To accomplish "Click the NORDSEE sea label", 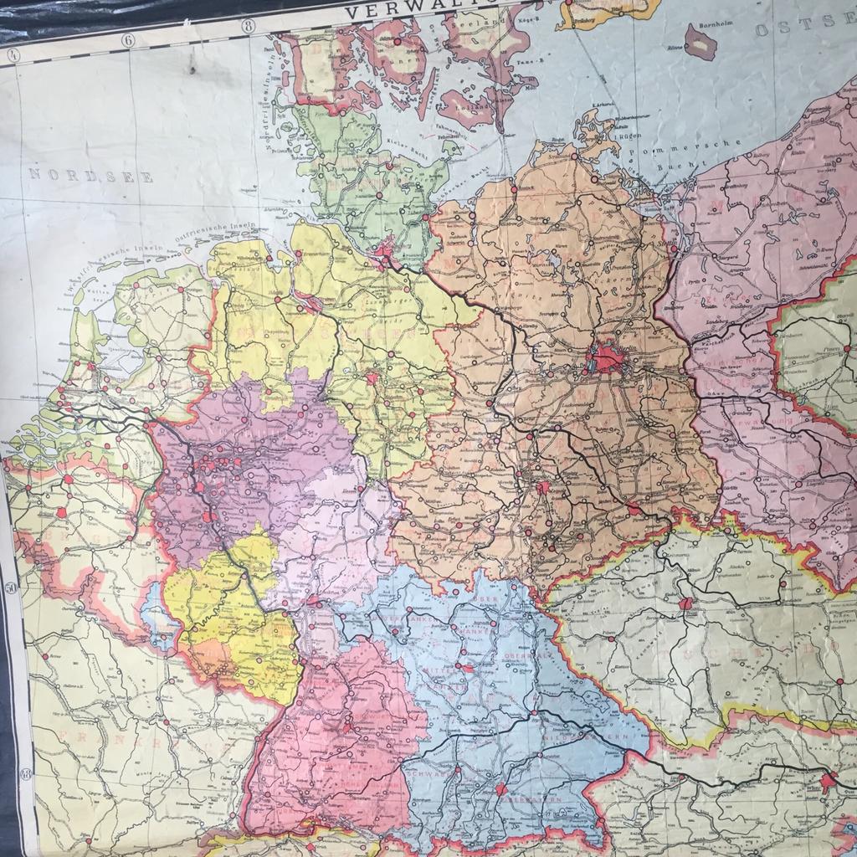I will (x=91, y=177).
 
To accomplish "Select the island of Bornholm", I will (x=700, y=41).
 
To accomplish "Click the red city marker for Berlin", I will (x=606, y=358).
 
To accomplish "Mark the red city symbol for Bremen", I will (x=309, y=302).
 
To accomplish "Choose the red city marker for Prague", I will (x=685, y=603).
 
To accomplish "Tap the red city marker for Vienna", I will (x=829, y=782).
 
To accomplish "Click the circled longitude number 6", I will (x=128, y=39).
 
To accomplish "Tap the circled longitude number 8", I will (x=248, y=26).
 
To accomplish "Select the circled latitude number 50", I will (x=12, y=588).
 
